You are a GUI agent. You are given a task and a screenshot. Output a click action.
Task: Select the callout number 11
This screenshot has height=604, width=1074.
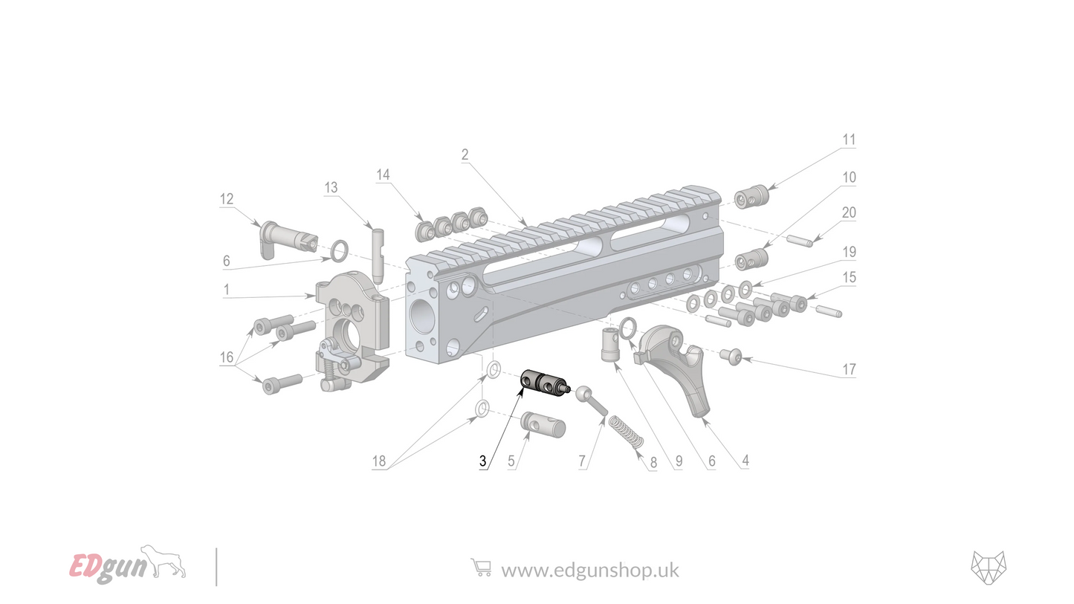tap(849, 140)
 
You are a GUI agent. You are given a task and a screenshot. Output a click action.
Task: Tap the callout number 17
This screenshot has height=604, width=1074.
tap(849, 369)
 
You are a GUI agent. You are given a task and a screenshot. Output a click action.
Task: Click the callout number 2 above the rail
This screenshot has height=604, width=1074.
tap(465, 155)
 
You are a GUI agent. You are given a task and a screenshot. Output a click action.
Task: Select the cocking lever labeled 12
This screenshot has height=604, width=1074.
tap(286, 236)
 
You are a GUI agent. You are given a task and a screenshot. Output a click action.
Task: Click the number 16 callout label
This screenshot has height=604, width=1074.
tap(227, 357)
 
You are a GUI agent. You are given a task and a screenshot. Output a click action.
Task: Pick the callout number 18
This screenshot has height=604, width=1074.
tap(379, 461)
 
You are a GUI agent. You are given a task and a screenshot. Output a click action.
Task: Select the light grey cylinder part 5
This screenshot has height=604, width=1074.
tap(544, 425)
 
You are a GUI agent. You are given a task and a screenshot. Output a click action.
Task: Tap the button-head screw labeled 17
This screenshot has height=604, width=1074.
tap(731, 357)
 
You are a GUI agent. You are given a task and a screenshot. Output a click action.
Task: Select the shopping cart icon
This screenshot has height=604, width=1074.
tap(481, 568)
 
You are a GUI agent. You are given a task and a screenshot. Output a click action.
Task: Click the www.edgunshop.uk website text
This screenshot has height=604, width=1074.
tap(589, 570)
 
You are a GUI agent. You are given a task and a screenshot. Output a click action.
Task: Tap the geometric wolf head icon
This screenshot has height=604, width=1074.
tap(989, 568)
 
